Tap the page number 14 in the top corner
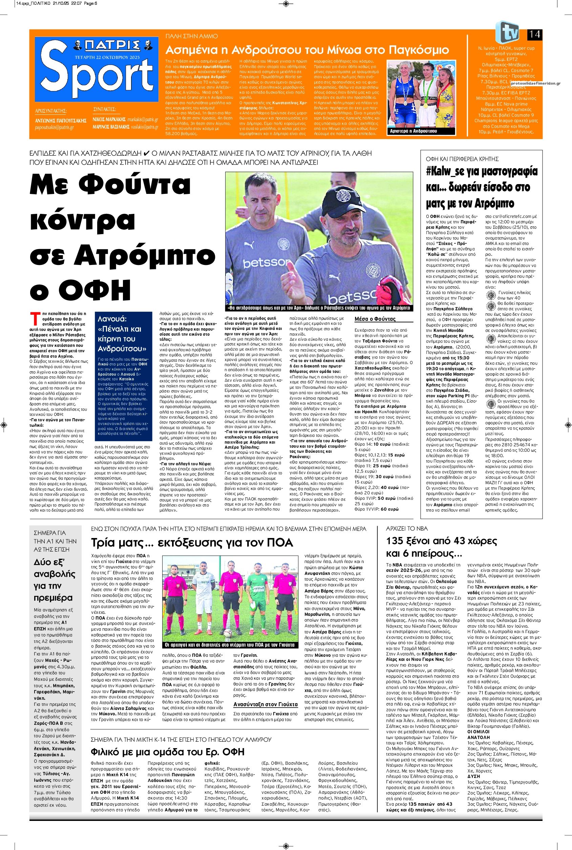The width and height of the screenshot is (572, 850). (x=534, y=35)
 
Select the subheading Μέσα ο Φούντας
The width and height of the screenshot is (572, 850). (x=375, y=319)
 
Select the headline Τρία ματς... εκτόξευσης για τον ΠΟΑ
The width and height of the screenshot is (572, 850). (x=192, y=543)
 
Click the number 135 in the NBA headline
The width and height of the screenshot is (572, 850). (x=397, y=540)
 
